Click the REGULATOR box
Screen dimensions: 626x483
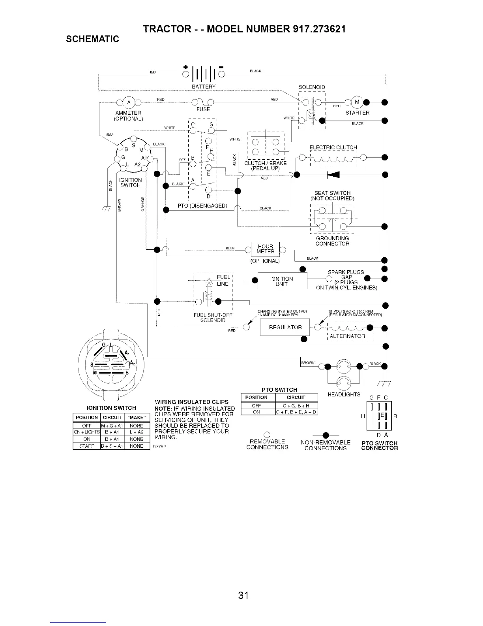pyautogui.click(x=285, y=327)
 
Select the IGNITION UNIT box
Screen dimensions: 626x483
pyautogui.click(x=282, y=281)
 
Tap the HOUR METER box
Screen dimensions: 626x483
pyautogui.click(x=265, y=249)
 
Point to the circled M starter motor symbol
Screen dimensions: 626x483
pyautogui.click(x=357, y=102)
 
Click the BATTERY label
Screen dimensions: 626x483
pyautogui.click(x=203, y=87)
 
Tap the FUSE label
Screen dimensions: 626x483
pyautogui.click(x=203, y=109)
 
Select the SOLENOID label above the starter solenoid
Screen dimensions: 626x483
pyautogui.click(x=312, y=87)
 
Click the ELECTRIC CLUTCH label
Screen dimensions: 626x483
pyautogui.click(x=333, y=147)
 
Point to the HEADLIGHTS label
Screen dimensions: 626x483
pyautogui.click(x=344, y=394)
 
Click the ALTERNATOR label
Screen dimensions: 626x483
pyautogui.click(x=347, y=336)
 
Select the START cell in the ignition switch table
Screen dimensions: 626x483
pyautogui.click(x=87, y=446)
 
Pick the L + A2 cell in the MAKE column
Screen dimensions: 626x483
pyautogui.click(x=137, y=432)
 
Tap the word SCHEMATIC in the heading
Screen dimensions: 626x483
pyautogui.click(x=92, y=39)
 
